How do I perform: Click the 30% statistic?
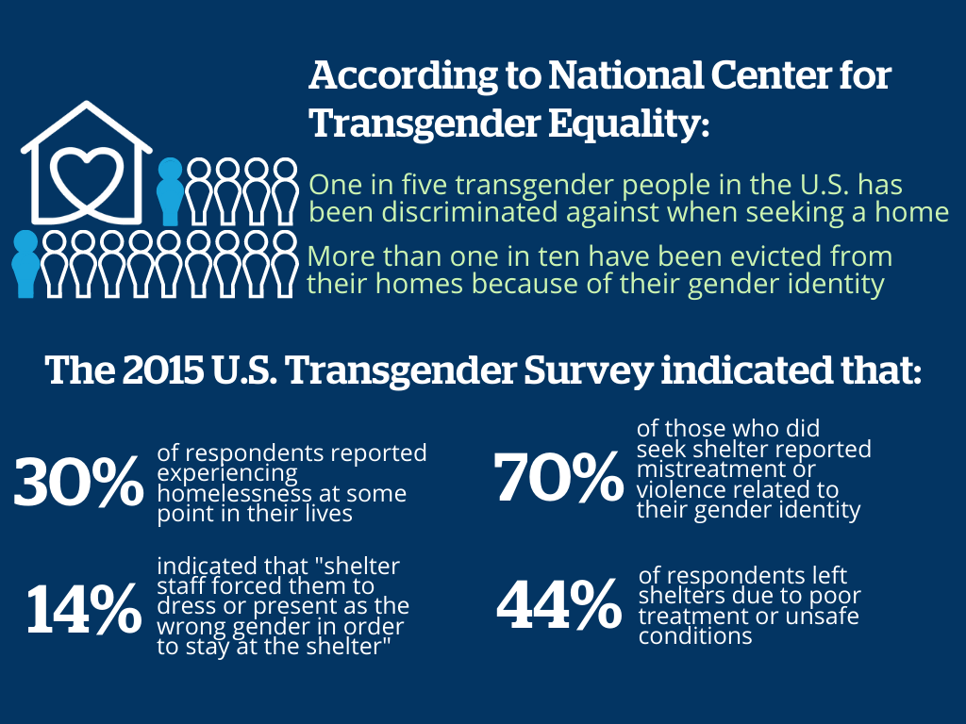[79, 482]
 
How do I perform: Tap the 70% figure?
[558, 476]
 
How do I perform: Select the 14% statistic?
[84, 608]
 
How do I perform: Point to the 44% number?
[558, 603]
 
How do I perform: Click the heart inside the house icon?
[87, 180]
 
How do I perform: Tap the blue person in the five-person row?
[171, 191]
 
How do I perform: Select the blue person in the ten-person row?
[25, 264]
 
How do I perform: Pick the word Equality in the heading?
[628, 123]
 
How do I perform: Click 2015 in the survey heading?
[162, 370]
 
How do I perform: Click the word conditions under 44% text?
[695, 635]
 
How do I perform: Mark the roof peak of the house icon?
[87, 104]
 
